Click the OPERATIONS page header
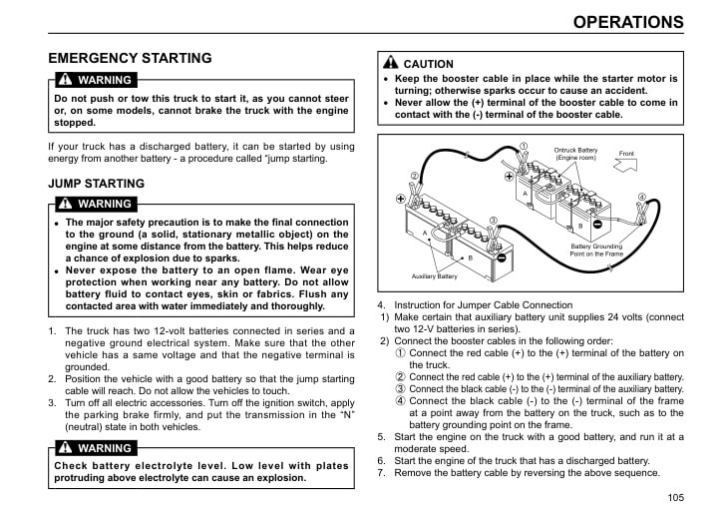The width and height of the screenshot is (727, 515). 628,22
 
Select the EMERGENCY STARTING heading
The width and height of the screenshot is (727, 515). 130,58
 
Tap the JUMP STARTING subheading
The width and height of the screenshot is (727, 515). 96,184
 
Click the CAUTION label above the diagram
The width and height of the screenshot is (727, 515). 428,64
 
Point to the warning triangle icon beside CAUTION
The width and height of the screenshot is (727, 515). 392,63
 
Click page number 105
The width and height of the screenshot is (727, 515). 675,497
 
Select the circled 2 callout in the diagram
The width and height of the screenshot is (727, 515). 415,177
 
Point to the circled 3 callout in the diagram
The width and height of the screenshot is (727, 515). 493,220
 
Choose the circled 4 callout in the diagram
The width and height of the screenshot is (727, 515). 641,197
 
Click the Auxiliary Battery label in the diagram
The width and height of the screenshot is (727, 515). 434,275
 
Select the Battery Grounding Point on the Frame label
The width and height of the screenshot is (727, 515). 596,250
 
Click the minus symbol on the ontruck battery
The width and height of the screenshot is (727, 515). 596,225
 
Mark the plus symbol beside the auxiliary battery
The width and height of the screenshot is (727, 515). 402,199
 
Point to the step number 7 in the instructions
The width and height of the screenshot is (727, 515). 381,473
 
